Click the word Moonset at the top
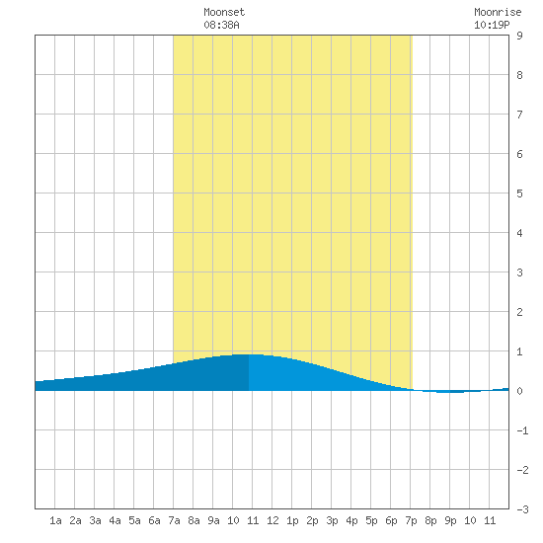[224, 12]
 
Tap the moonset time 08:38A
[221, 25]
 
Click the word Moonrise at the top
[498, 12]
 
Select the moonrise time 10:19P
[492, 25]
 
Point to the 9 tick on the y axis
[519, 36]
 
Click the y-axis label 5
[519, 194]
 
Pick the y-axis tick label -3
[522, 509]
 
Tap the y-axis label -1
[522, 430]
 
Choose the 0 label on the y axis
[519, 391]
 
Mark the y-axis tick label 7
[519, 115]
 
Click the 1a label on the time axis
[55, 520]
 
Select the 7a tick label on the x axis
[174, 520]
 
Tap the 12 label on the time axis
[272, 520]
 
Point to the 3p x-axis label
[332, 520]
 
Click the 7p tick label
[411, 520]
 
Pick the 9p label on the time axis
[450, 520]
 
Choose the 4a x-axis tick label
[115, 520]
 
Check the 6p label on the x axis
[391, 520]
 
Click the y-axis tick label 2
[519, 312]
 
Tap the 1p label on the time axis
[292, 520]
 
